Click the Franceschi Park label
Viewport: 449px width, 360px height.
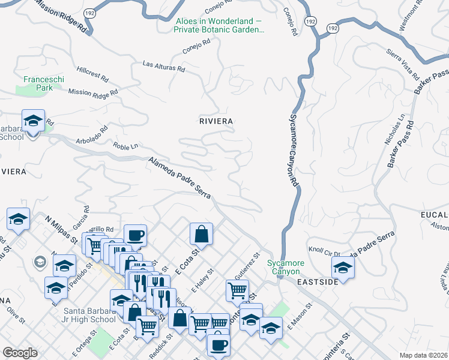[x=38, y=83]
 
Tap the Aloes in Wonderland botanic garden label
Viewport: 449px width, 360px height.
[x=220, y=25]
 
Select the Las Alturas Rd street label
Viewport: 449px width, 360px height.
[x=163, y=66]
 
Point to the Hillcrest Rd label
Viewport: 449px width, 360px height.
[x=92, y=75]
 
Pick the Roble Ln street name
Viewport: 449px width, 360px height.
[x=126, y=145]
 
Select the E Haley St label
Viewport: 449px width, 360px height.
[x=203, y=281]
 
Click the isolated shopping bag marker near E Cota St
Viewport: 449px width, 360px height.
[x=202, y=234]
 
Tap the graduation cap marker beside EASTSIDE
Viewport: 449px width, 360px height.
[x=342, y=267]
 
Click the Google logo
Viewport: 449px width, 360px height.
[x=20, y=353]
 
